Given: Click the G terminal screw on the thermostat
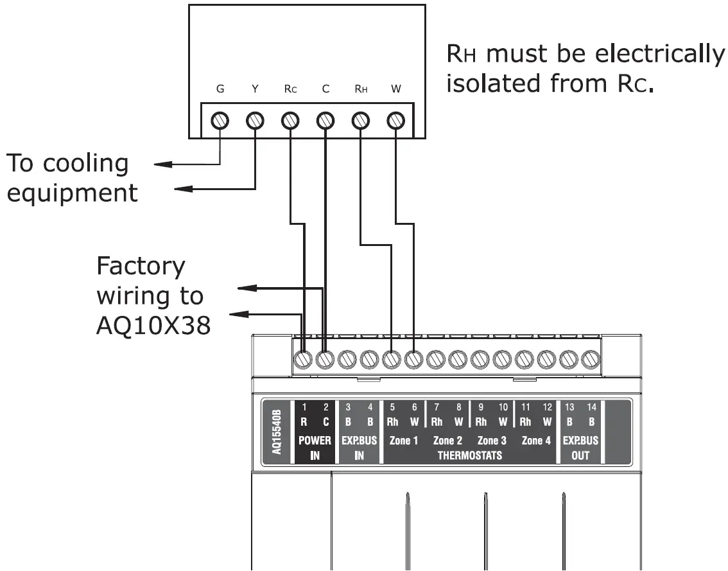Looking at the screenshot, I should (x=220, y=120).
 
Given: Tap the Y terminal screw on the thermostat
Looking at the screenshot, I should (x=255, y=120).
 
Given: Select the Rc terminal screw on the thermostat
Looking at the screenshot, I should (x=290, y=120).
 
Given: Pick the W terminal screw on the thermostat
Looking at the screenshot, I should (x=395, y=120).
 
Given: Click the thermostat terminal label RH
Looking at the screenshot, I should (x=360, y=90).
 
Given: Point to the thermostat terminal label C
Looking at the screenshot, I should (x=325, y=90).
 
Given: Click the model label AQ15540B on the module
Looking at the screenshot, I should (x=277, y=432).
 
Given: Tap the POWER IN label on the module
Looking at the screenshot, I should (x=315, y=448).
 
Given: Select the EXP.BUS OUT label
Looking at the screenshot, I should (x=580, y=448).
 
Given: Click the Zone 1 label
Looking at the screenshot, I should (x=404, y=441).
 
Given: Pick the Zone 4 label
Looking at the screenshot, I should (x=536, y=441).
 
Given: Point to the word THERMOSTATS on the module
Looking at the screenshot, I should (x=469, y=456).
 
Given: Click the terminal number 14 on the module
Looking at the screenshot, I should (x=591, y=407).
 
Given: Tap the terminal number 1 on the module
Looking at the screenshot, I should (x=305, y=407).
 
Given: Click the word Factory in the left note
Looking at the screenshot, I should (x=141, y=265).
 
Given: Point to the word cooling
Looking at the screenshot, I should (x=85, y=163).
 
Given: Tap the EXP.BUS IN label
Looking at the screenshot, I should (x=360, y=448).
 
